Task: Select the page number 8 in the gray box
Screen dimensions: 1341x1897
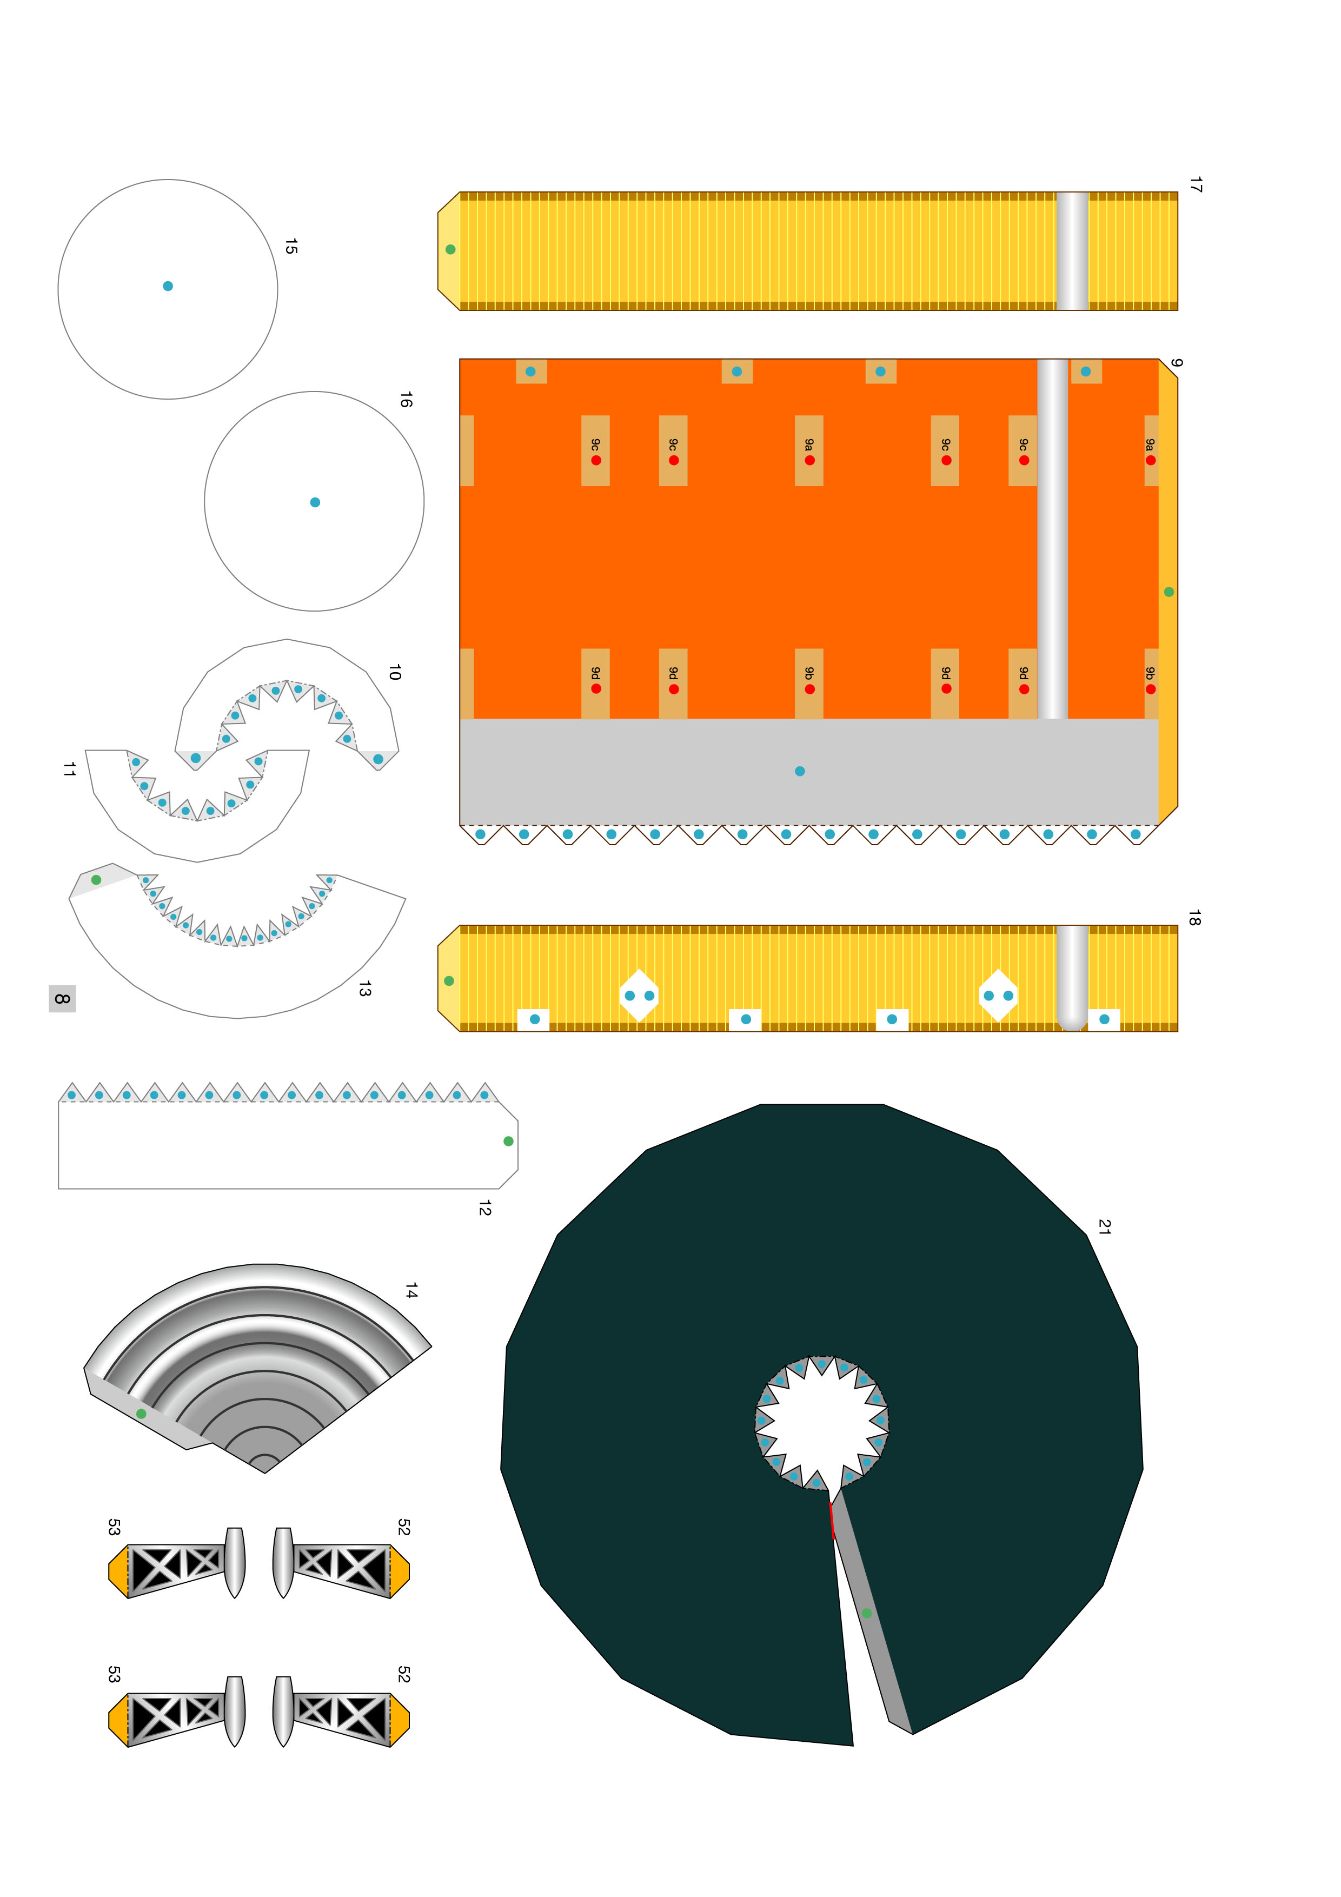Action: [62, 999]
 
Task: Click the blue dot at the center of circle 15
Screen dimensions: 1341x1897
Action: [168, 286]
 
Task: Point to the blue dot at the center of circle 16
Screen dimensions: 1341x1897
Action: [315, 502]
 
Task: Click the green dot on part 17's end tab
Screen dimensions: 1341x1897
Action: [450, 249]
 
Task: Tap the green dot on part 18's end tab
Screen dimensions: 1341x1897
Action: [449, 981]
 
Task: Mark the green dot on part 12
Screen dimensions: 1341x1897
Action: [508, 1141]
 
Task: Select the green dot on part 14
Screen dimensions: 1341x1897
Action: [141, 1414]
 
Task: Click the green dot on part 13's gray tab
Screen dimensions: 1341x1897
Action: [97, 880]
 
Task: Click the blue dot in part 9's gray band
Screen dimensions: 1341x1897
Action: [800, 771]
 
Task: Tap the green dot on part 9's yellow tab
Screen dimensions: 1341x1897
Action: [1169, 592]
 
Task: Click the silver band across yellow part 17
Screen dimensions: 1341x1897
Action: [1072, 251]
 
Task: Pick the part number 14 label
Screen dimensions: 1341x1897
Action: [410, 1290]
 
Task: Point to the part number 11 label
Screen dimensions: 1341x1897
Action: [69, 769]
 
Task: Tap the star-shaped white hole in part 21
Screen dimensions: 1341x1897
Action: [821, 1421]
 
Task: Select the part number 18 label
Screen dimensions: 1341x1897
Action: [1194, 917]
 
